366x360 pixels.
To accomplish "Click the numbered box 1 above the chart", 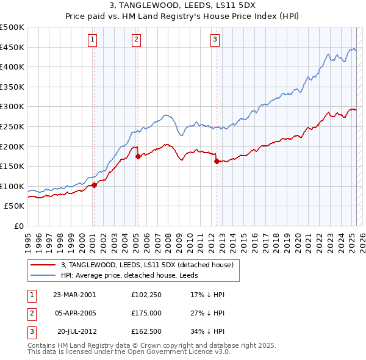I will click(92, 40).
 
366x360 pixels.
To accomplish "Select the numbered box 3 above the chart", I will click(215, 40).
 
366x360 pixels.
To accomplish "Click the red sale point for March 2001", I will click(94, 185).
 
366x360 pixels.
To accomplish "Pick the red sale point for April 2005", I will click(138, 156).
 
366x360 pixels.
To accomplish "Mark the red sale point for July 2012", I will click(217, 161).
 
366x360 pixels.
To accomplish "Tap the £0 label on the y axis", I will click(18, 226).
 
